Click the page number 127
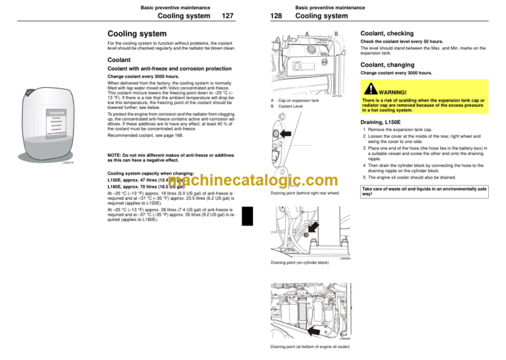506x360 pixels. pos(229,16)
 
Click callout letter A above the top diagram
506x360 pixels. pos(306,35)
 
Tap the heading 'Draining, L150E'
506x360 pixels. pos(391,122)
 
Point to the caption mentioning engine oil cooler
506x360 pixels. pos(312,347)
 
